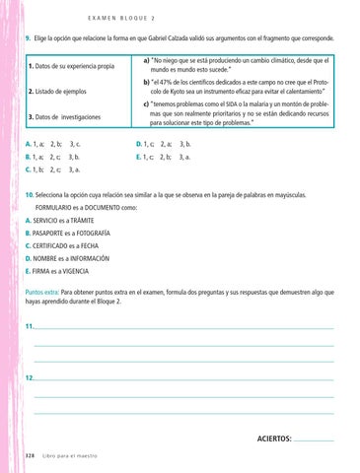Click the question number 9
click(28, 39)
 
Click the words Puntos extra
click(41, 293)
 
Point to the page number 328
click(30, 455)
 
